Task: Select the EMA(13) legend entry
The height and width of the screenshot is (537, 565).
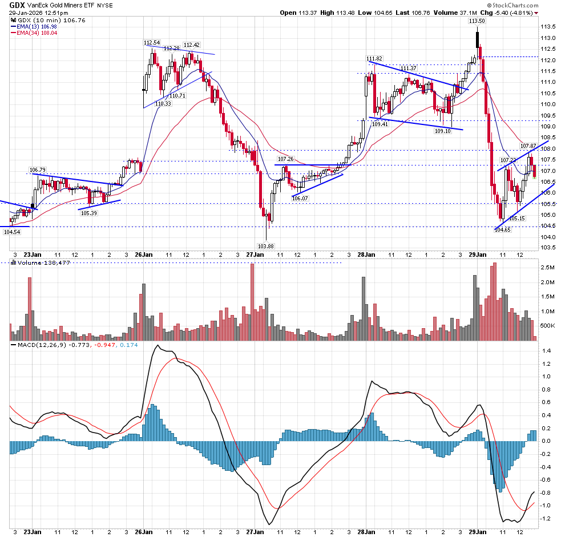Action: coord(34,26)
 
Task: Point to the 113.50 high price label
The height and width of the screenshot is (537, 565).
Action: coord(477,21)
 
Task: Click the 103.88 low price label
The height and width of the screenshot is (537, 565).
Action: coord(265,246)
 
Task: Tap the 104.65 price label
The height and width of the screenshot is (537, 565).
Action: coord(502,229)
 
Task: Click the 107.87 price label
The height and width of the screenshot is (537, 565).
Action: coord(528,147)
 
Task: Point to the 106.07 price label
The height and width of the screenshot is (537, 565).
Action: coord(300,197)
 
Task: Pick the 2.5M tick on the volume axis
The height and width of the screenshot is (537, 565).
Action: coord(548,267)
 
